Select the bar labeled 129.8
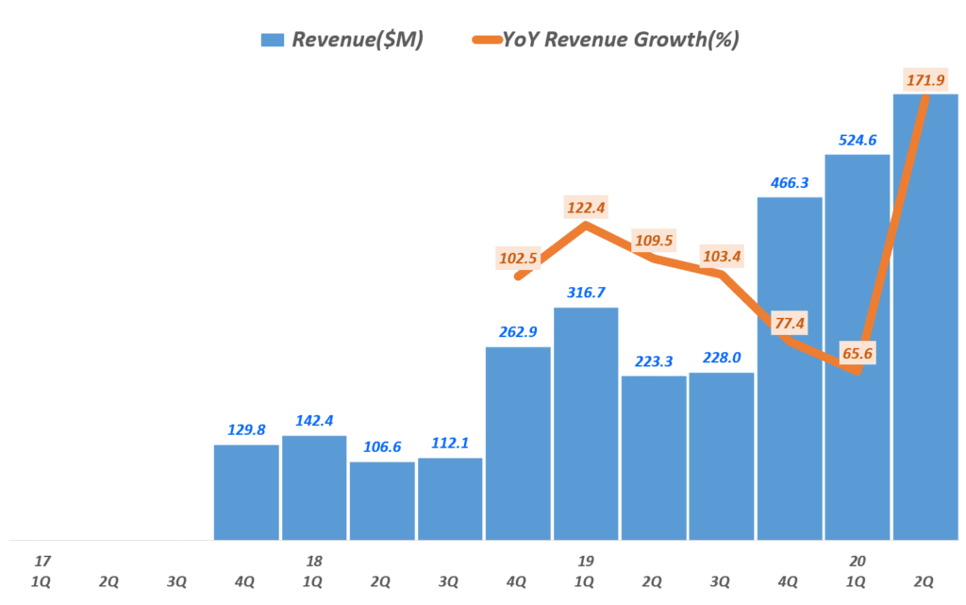coord(246,492)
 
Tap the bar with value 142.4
coord(314,487)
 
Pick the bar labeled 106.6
coord(382,500)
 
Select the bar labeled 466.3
coord(790,368)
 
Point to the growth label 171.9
coord(926,79)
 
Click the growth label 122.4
coord(586,207)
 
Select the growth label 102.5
coord(518,258)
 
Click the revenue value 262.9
coord(518,331)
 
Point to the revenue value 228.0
coord(722,357)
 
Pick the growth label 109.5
coord(654,241)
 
